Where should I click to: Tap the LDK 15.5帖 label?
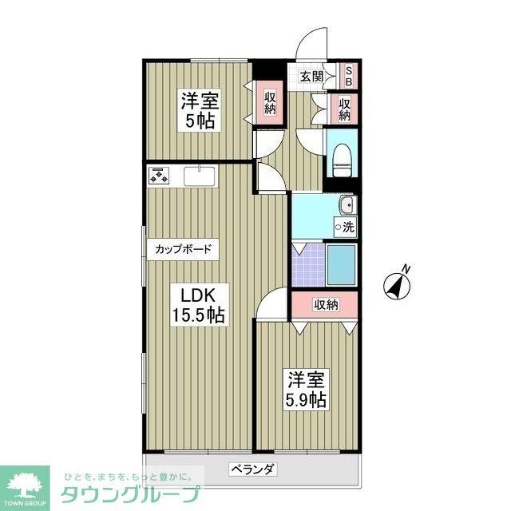point(200,303)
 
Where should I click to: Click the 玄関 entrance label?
point(311,77)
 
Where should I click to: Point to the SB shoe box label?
point(349,77)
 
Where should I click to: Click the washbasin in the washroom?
point(345,207)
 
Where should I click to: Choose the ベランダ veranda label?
point(253,469)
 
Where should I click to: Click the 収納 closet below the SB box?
point(345,109)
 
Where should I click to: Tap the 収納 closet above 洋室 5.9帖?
point(325,304)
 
